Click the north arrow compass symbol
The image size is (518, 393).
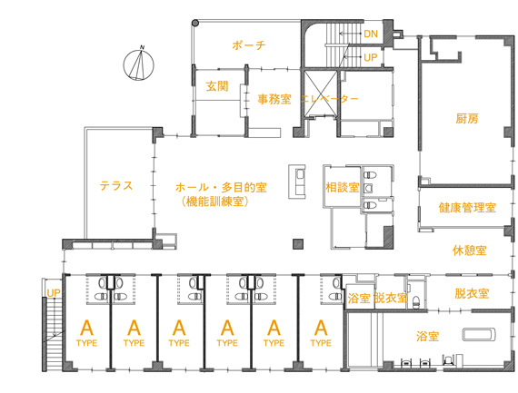click(139, 64)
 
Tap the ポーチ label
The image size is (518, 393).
click(248, 44)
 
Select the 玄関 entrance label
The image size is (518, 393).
click(217, 86)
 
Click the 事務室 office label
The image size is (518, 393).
click(274, 99)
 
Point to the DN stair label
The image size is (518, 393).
click(371, 34)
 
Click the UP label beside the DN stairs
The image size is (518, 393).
click(371, 57)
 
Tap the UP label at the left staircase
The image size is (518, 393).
click(54, 293)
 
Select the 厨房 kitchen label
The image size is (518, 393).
click(467, 119)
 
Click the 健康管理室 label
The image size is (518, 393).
click(467, 208)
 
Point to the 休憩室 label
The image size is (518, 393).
click(469, 251)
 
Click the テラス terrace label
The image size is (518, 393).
click(116, 185)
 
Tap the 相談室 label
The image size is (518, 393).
click(343, 188)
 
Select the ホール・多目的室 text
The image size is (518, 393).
click(221, 188)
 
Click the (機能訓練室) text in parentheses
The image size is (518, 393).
click(215, 201)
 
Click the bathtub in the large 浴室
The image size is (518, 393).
click(479, 334)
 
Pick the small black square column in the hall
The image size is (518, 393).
click(298, 244)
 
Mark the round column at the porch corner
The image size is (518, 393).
click(195, 23)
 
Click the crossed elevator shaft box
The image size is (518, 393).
click(320, 93)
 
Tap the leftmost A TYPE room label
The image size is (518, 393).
click(86, 333)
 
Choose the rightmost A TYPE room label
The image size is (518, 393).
click(321, 333)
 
